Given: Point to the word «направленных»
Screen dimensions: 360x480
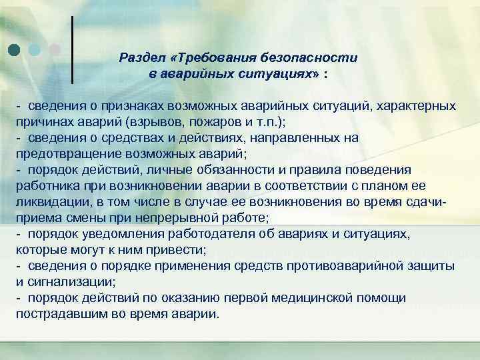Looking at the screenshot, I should (x=302, y=138).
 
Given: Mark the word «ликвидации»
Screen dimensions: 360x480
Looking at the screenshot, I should (x=49, y=201).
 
